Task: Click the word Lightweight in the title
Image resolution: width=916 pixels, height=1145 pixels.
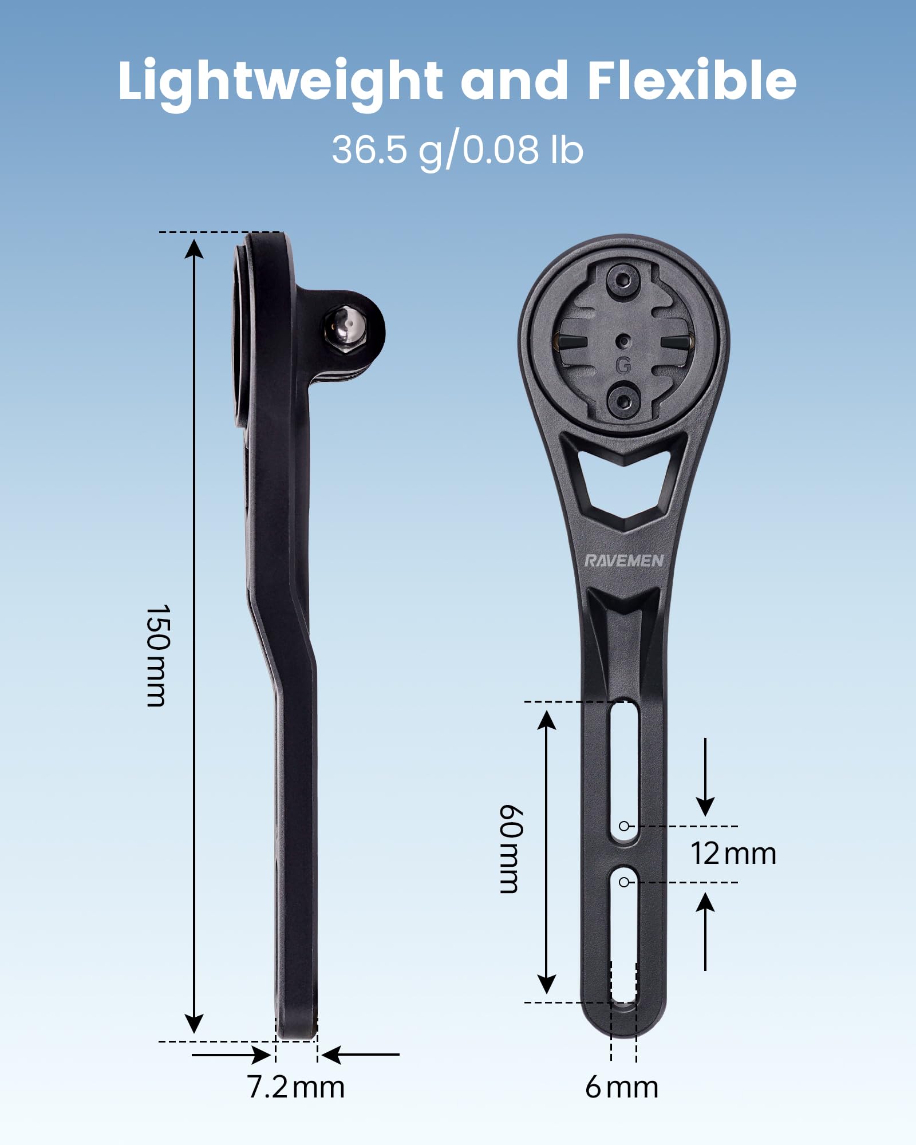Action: [280, 80]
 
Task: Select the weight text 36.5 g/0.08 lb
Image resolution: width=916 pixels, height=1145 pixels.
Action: [457, 150]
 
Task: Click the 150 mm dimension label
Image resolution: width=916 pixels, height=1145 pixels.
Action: [157, 656]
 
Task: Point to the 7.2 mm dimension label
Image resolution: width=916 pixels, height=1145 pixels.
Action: [295, 1086]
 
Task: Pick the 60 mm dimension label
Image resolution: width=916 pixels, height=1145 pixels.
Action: [509, 848]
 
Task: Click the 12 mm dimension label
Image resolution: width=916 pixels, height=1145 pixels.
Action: [733, 854]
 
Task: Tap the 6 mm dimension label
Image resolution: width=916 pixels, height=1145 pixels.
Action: [621, 1087]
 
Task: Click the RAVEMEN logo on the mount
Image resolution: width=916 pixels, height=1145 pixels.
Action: [623, 560]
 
